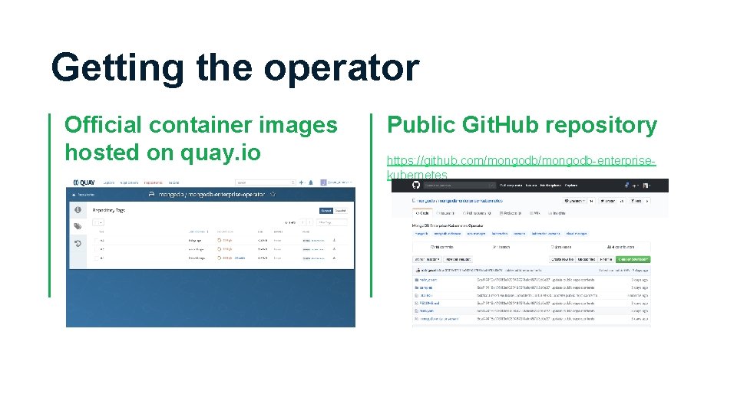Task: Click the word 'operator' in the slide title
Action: [342, 67]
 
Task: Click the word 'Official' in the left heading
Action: [104, 125]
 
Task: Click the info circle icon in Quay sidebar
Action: [78, 209]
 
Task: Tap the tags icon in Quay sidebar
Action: [78, 226]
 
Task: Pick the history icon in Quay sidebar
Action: [78, 244]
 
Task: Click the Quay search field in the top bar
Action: [265, 182]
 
